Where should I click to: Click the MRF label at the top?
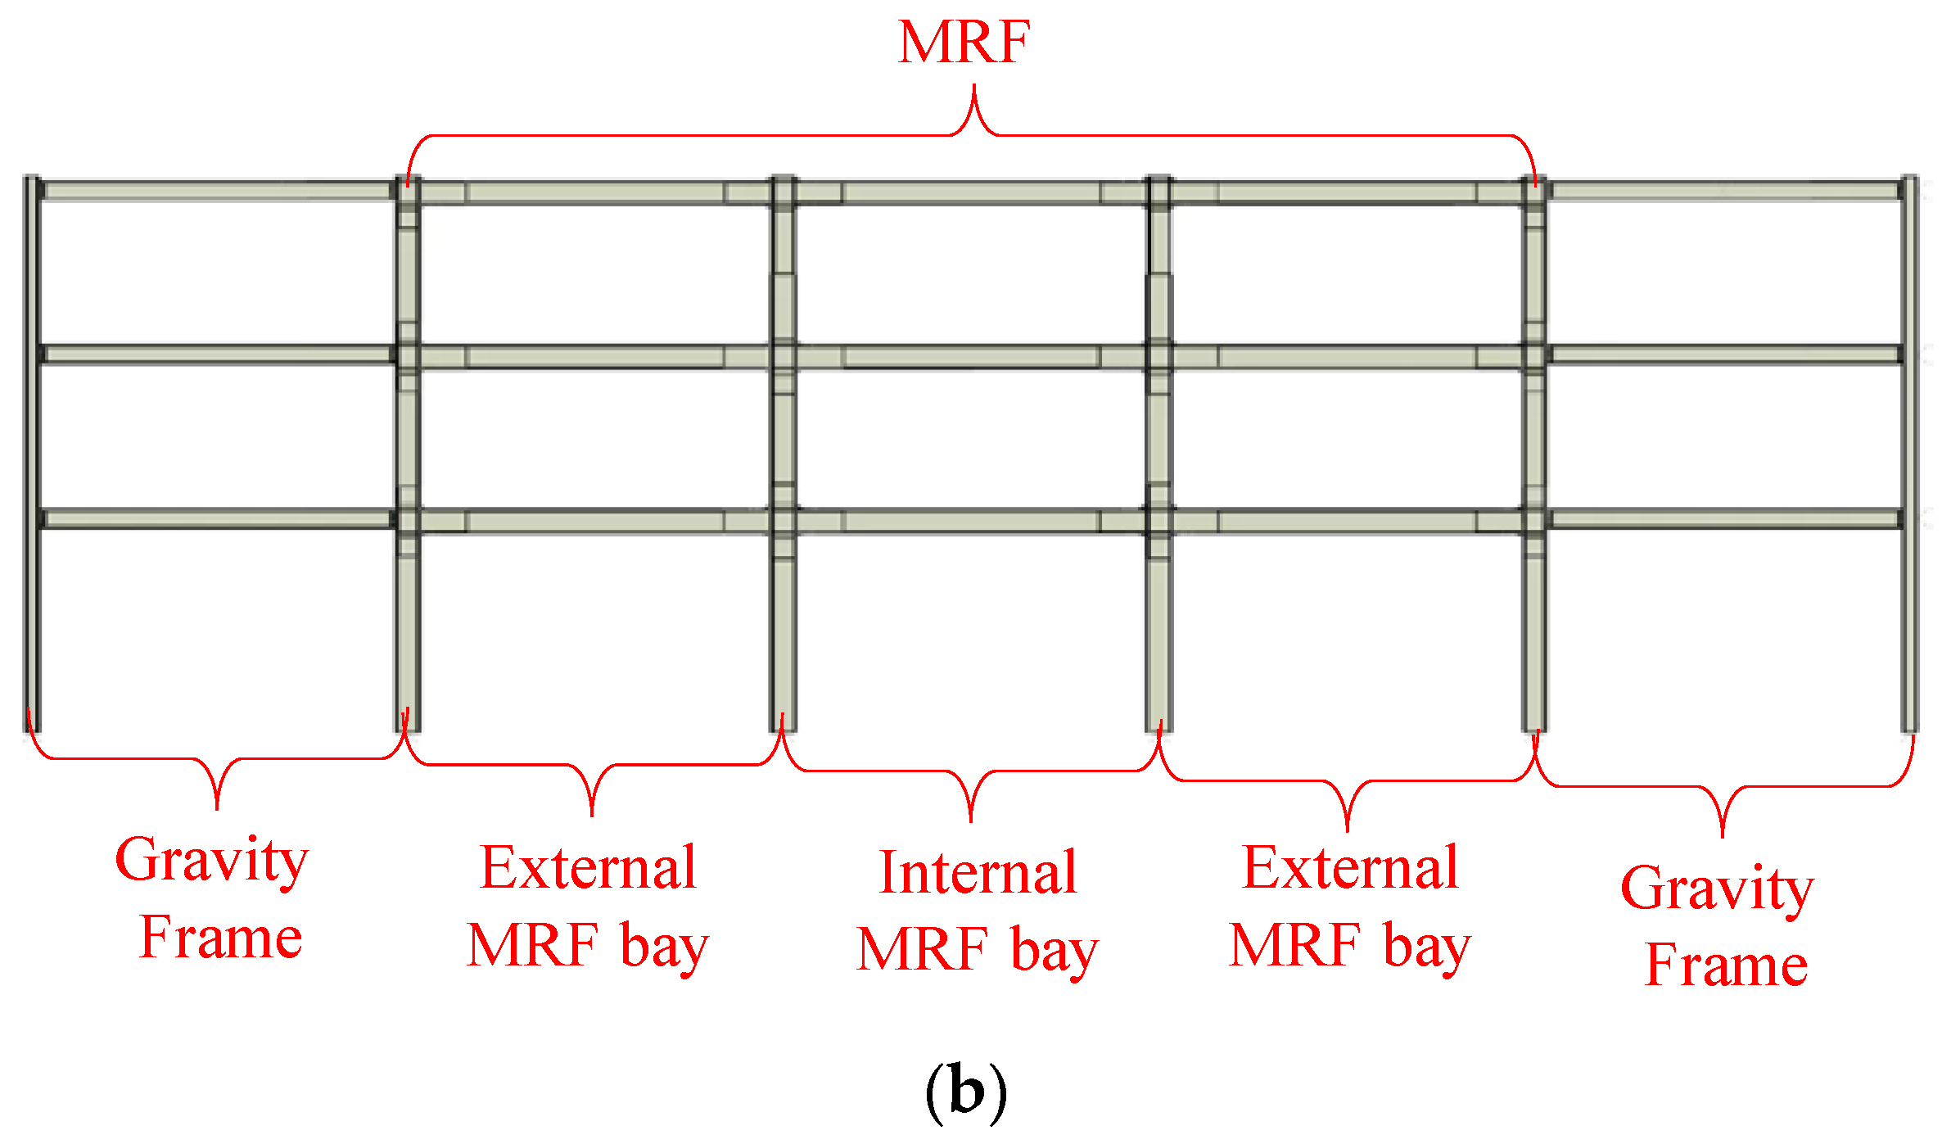pos(964,42)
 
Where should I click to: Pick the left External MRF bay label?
pos(588,907)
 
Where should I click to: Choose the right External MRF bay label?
pos(1350,907)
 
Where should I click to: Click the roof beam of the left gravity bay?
pos(218,191)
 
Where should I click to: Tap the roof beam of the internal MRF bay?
pos(971,193)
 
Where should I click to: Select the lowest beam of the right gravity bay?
pos(1723,518)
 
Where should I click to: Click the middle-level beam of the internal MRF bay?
pos(971,357)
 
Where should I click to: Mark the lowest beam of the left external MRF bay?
pos(594,521)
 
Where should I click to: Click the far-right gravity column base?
pos(1909,725)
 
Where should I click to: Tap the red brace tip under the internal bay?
pos(971,819)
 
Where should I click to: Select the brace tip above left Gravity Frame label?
pos(217,807)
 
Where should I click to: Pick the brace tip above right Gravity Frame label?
pos(1723,834)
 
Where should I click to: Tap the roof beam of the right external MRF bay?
pos(1348,193)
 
